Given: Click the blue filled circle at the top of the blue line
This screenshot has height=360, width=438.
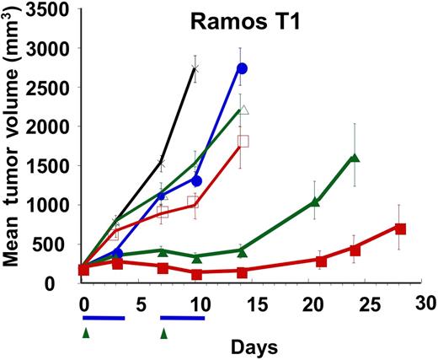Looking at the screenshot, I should point(243,68).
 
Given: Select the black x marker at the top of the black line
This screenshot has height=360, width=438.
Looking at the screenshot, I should point(195,69).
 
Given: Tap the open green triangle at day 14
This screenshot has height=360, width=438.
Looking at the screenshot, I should point(243,110).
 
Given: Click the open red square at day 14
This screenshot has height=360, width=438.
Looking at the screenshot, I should point(243,141).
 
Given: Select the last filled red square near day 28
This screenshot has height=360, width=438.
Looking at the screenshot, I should point(401,228).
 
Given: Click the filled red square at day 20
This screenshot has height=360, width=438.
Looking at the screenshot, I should point(321,261).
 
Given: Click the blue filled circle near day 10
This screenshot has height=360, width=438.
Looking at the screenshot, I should point(196,180).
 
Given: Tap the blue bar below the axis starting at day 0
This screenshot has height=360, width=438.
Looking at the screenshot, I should point(103,318).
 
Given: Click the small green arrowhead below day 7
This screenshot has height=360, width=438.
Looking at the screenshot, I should point(164,334).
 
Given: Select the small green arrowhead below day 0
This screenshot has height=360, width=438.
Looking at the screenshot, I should point(85,334).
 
